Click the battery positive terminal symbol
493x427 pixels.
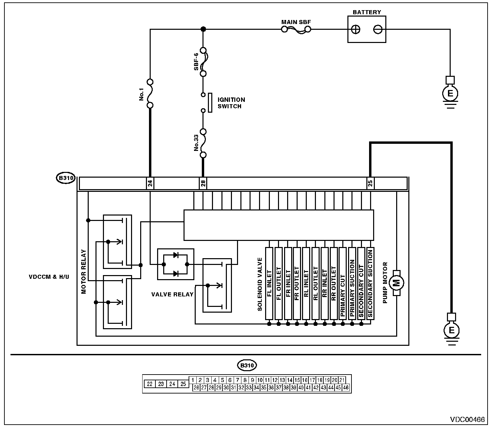[x=356, y=29]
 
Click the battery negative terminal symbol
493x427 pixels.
[x=378, y=29]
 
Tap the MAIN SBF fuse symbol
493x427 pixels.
[x=296, y=30]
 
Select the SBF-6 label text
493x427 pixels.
[x=196, y=62]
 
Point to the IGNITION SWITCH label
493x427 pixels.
[x=231, y=103]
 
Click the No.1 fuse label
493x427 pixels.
[x=142, y=94]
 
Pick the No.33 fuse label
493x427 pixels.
[x=196, y=143]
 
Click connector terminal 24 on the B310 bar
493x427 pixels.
[x=150, y=183]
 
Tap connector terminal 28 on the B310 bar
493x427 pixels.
[x=203, y=183]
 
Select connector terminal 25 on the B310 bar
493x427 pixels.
[x=370, y=183]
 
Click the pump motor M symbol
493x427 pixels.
[x=396, y=283]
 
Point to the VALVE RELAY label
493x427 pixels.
[x=172, y=294]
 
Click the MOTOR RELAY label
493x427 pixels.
[x=84, y=272]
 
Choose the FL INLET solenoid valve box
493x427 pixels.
[x=269, y=284]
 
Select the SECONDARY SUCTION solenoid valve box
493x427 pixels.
[x=370, y=284]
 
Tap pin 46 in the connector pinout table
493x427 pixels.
[x=346, y=388]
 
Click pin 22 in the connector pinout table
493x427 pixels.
[x=150, y=384]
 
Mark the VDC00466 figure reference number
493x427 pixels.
[x=467, y=419]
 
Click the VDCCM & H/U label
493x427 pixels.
[x=49, y=277]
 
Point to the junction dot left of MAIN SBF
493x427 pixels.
[x=203, y=29]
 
